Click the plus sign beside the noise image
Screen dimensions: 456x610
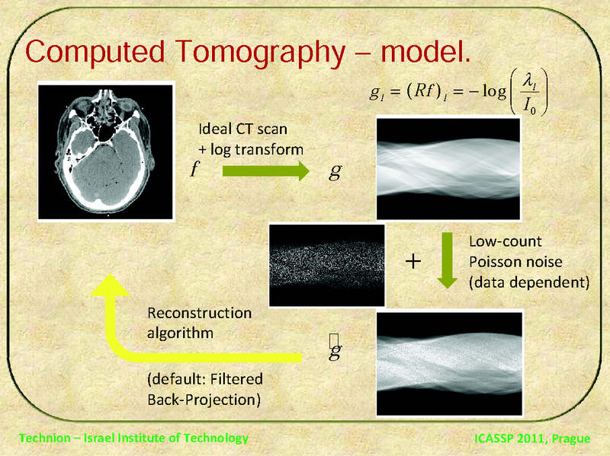(x=412, y=262)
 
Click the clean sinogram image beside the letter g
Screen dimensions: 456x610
(x=448, y=168)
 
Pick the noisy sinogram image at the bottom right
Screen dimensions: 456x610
(x=448, y=361)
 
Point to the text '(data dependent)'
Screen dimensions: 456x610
(x=529, y=282)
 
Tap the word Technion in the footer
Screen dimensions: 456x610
(x=43, y=438)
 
